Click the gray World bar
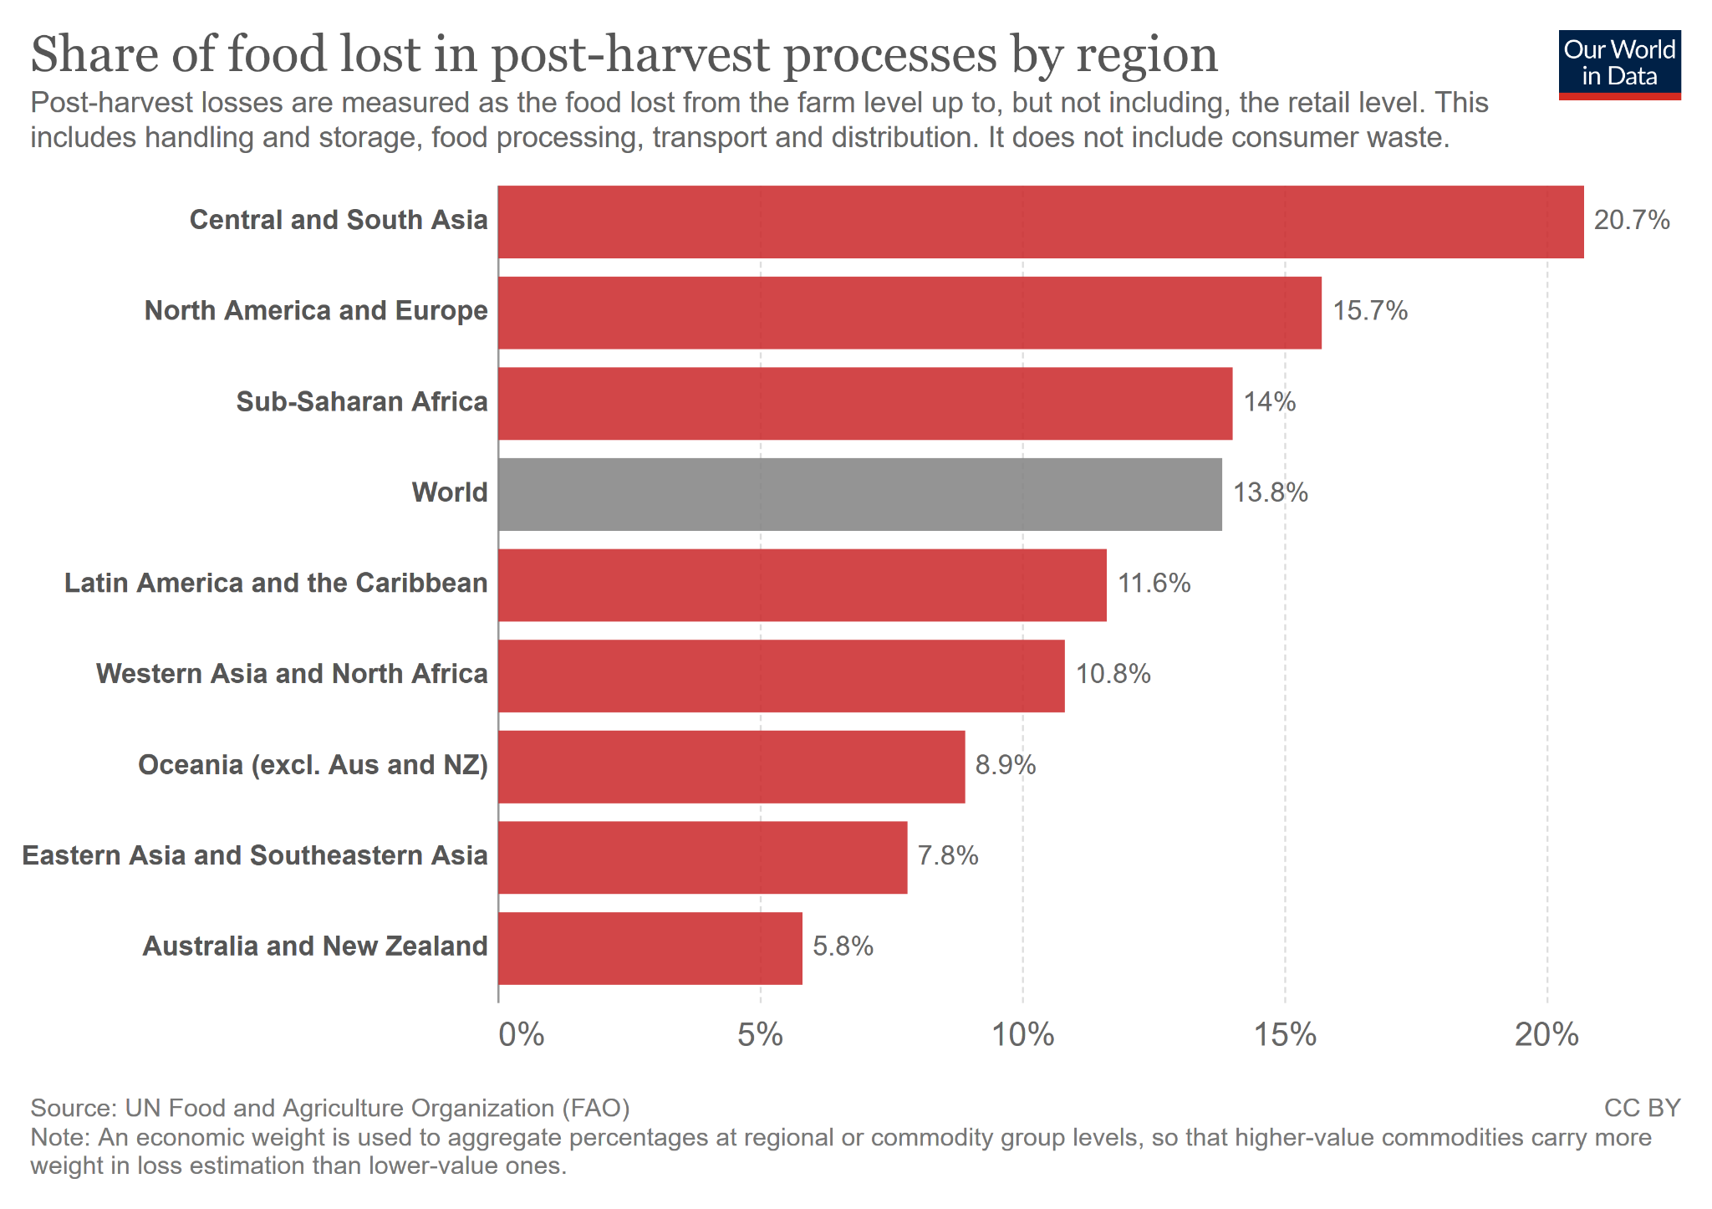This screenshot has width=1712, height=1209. tap(859, 494)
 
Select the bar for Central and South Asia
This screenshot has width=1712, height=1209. tap(1040, 222)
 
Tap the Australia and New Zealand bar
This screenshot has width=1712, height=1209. tap(650, 948)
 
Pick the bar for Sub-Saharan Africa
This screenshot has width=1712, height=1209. tap(864, 403)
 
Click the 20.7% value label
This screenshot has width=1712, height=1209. tap(1631, 221)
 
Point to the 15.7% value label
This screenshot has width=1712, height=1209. tap(1369, 311)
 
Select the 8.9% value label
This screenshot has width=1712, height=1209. tap(1005, 765)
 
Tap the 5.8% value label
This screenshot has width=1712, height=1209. tap(843, 946)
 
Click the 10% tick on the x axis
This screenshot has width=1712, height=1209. tap(1022, 1035)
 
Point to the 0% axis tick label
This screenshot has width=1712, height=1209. tap(521, 1035)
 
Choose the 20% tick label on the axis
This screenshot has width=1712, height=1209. tap(1546, 1035)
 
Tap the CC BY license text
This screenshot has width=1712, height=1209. tap(1642, 1108)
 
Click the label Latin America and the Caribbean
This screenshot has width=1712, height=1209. tap(276, 583)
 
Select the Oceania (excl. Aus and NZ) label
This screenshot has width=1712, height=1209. tap(313, 765)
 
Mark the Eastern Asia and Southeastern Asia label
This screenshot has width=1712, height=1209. tap(255, 855)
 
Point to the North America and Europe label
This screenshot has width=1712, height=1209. tap(316, 311)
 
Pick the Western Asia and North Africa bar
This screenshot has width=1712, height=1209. tap(781, 676)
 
